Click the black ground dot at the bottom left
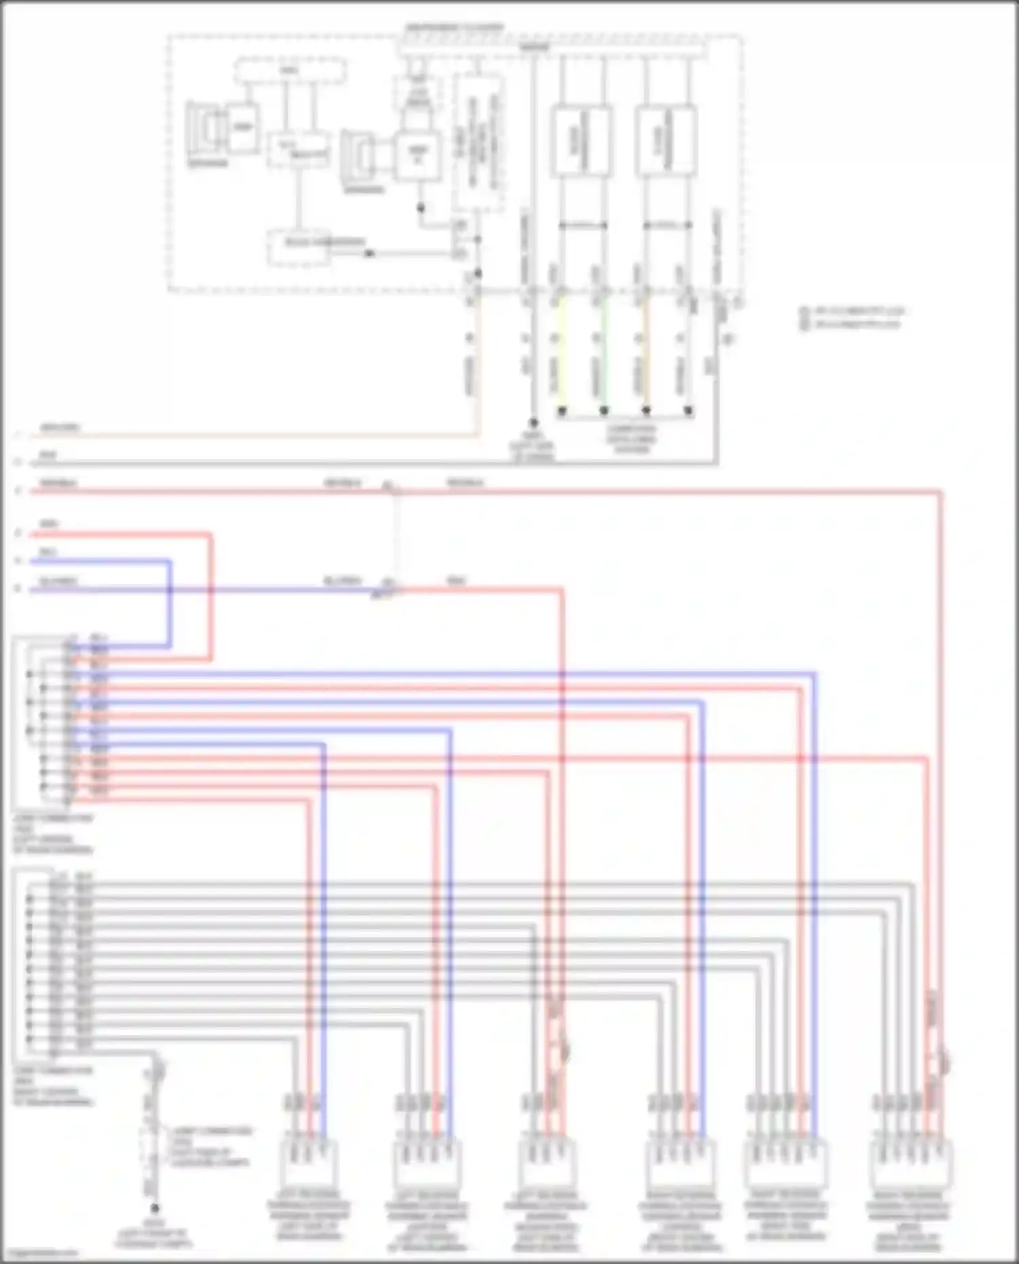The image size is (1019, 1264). click(155, 1208)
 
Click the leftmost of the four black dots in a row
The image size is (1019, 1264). click(562, 411)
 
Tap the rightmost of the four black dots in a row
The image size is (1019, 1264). click(688, 411)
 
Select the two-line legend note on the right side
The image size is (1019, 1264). click(853, 317)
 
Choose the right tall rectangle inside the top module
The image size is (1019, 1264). click(666, 141)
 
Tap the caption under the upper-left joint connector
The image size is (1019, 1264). click(53, 834)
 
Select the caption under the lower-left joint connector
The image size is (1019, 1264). click(53, 1085)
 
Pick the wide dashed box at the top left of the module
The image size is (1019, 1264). click(289, 71)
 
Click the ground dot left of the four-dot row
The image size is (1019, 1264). click(533, 422)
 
